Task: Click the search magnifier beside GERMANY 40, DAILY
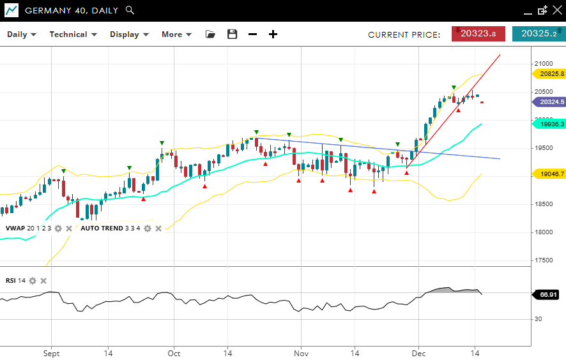(130, 10)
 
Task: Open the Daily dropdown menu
(22, 34)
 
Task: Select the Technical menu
(73, 34)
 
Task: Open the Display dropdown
(129, 34)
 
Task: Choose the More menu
(176, 34)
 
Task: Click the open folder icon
(210, 34)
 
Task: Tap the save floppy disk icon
(233, 34)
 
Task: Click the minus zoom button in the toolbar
(252, 34)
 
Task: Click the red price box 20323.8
(478, 34)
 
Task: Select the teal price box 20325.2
(539, 34)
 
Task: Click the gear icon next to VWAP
(58, 229)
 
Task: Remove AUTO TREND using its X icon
(158, 229)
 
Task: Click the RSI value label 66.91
(549, 294)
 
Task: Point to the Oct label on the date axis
(174, 353)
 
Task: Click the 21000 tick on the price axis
(544, 64)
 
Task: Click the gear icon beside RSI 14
(33, 281)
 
